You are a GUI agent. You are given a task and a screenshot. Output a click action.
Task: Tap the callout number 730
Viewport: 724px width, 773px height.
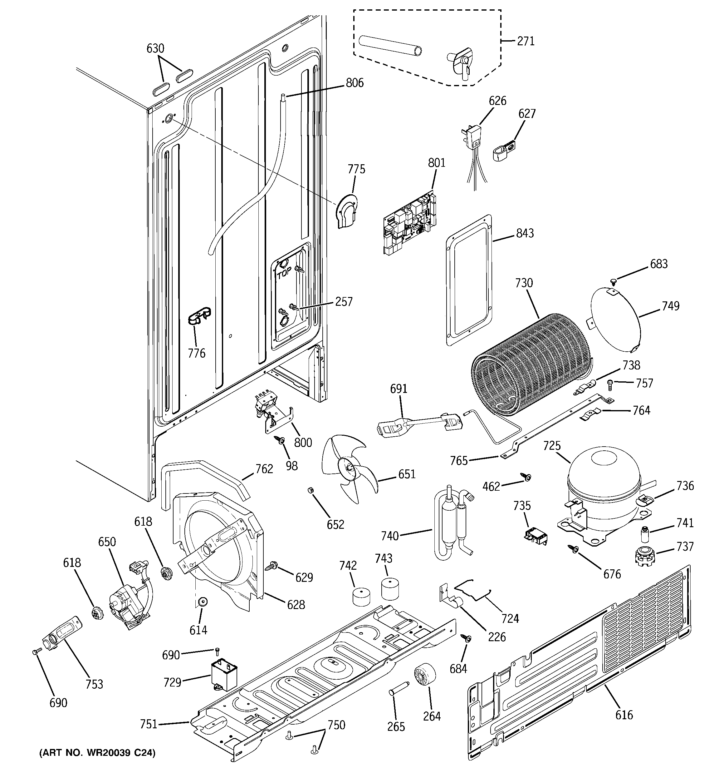click(x=524, y=283)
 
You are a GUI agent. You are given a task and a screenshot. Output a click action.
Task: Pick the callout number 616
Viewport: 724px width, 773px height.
click(x=624, y=715)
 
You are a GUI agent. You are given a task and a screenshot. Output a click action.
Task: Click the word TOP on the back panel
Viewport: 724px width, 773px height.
click(x=284, y=275)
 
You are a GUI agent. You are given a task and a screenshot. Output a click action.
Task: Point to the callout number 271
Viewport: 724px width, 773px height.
click(x=526, y=41)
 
